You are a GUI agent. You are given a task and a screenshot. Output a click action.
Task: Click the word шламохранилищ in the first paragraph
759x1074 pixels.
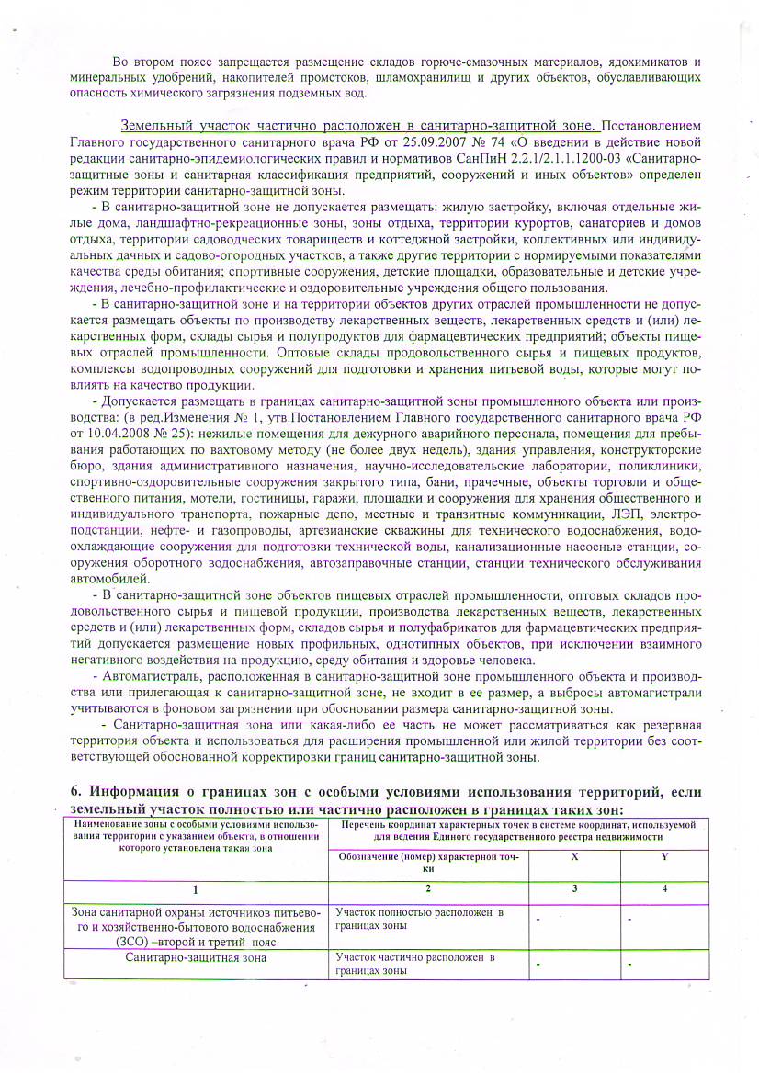pos(433,76)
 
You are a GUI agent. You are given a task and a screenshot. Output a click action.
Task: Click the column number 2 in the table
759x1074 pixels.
pos(428,888)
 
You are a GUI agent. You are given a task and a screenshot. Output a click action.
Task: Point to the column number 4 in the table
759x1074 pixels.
pos(663,888)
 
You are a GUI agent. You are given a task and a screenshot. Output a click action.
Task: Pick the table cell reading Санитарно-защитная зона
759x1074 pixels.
pos(196,958)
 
